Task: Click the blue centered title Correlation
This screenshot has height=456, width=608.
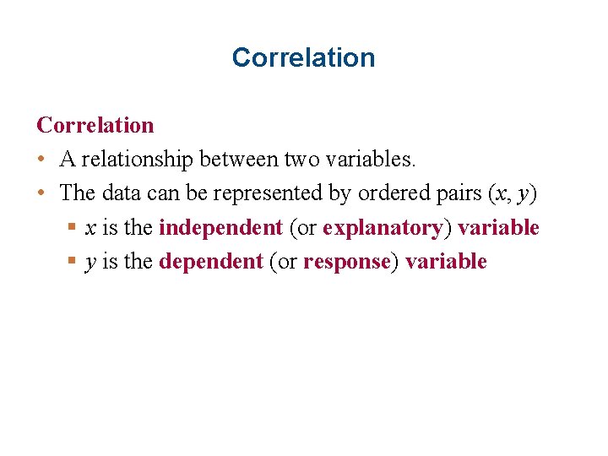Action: coord(303,57)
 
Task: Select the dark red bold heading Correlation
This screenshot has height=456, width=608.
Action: coord(95,125)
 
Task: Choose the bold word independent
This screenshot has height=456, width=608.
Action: coord(220,227)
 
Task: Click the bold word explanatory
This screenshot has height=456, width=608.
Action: coord(383,228)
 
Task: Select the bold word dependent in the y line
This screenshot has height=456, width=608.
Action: coord(211,262)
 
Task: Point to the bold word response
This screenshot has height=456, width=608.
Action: coord(347,262)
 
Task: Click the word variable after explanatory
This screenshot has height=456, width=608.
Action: coord(498,227)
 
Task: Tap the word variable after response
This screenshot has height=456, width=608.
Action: coord(446,262)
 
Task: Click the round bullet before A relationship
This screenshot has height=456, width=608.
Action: coord(41,160)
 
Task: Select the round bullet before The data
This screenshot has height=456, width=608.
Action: coord(41,193)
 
